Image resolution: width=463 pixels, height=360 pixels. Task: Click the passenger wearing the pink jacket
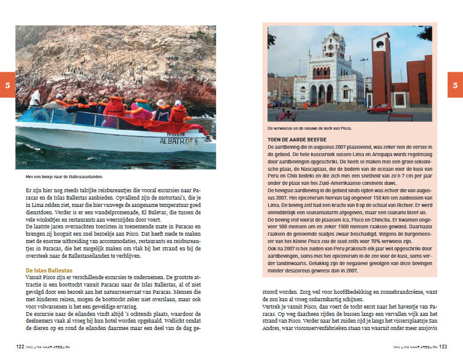point(140,112)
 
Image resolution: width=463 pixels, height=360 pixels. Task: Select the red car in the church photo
point(380,108)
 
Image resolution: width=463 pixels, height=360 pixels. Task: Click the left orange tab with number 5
point(7,85)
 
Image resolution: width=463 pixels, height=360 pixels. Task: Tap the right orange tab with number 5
point(455,85)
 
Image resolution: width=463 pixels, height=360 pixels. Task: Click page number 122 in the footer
point(20,347)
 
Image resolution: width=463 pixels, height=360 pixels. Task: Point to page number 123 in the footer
point(442,347)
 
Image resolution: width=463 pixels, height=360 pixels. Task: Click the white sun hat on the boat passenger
point(161,102)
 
